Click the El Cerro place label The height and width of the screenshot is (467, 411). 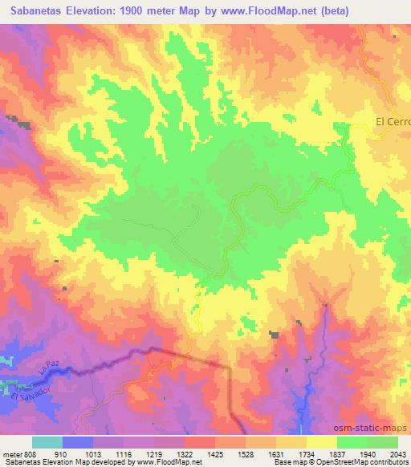pyautogui.click(x=393, y=123)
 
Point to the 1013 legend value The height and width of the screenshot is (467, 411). pyautogui.click(x=95, y=453)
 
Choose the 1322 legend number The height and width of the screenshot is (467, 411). pyautogui.click(x=185, y=453)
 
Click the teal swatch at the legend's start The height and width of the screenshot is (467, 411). pyautogui.click(x=47, y=442)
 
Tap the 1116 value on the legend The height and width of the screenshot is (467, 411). pyautogui.click(x=124, y=453)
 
